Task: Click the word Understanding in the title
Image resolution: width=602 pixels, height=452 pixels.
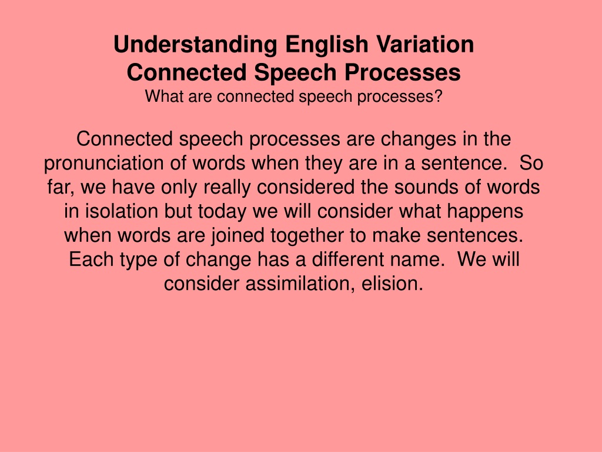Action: (x=195, y=45)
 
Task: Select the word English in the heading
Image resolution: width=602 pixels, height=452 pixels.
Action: (x=327, y=45)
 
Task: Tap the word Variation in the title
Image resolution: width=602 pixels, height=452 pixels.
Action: (x=426, y=44)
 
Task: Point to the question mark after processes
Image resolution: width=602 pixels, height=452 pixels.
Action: (x=439, y=96)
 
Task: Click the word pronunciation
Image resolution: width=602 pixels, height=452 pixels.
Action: (x=103, y=164)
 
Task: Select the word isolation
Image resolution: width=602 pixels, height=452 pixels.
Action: (x=121, y=211)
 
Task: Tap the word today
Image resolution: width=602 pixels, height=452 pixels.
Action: (x=222, y=212)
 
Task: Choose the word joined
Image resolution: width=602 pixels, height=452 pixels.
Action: (x=238, y=236)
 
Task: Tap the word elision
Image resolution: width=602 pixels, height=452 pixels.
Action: (x=392, y=284)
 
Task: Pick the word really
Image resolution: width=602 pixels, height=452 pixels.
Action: (x=227, y=188)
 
